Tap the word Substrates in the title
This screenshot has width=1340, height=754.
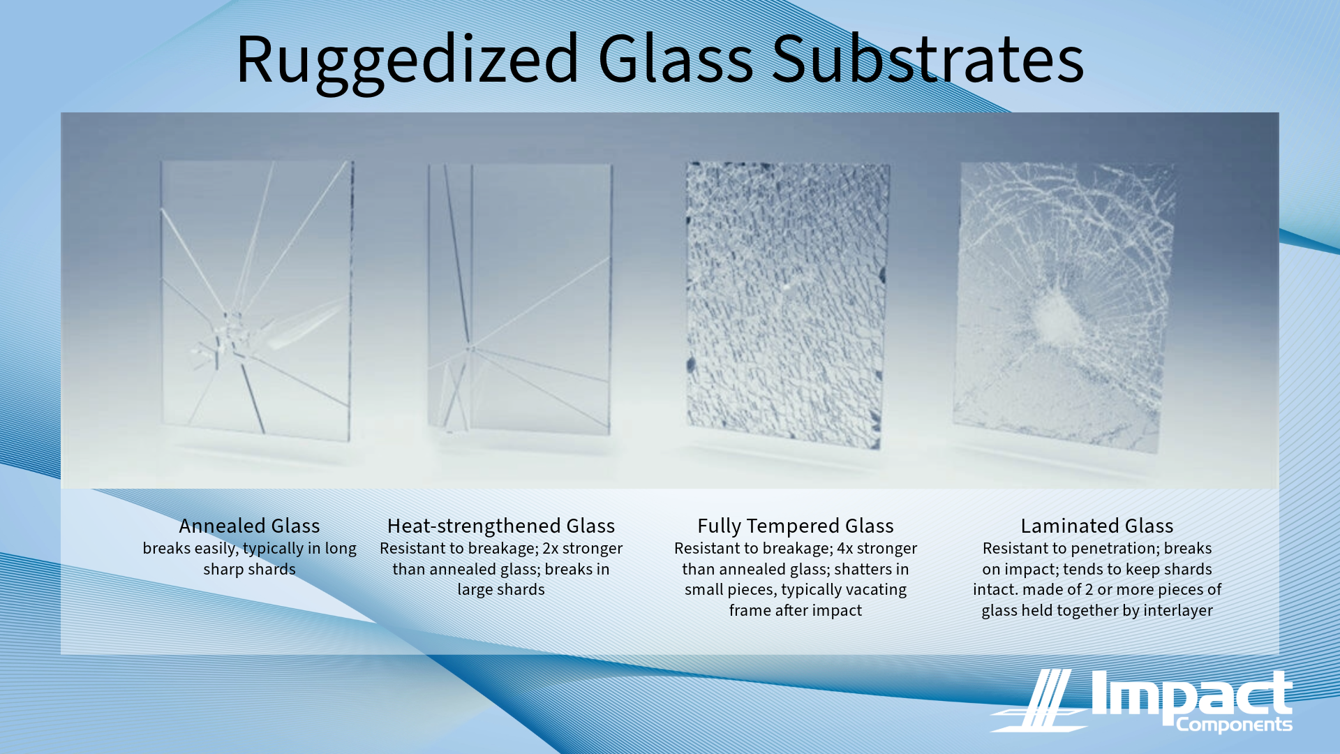(928, 59)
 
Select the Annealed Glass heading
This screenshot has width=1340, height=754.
(249, 526)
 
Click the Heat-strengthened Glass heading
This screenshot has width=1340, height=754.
(501, 526)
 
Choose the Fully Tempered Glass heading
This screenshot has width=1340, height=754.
(796, 526)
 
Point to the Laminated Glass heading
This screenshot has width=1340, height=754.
(1097, 526)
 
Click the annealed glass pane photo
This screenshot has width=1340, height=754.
(257, 300)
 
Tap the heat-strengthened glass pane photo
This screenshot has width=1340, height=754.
(519, 299)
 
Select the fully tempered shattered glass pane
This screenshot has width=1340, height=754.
(787, 304)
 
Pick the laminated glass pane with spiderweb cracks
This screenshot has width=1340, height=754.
(1064, 307)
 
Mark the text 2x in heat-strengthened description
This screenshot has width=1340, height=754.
(551, 549)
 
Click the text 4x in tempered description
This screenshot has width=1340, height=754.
(845, 549)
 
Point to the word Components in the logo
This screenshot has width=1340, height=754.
(1234, 725)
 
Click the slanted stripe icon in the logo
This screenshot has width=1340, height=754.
(1038, 700)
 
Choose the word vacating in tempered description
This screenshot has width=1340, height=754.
(876, 590)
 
